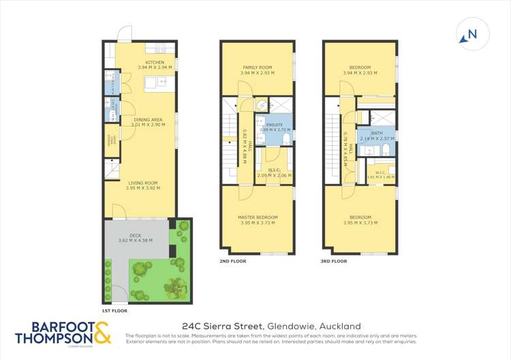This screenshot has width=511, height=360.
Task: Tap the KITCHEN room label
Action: point(146,64)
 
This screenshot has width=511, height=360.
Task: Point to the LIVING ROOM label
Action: point(142,183)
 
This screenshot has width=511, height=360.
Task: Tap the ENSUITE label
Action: point(275,125)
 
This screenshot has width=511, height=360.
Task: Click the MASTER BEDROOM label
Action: point(258,217)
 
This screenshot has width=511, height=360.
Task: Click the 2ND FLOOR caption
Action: point(232,260)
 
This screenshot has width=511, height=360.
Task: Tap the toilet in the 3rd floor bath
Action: point(386,150)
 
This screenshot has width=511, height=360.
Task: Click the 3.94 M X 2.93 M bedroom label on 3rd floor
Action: point(360,70)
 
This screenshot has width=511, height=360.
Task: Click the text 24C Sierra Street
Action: point(223,326)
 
